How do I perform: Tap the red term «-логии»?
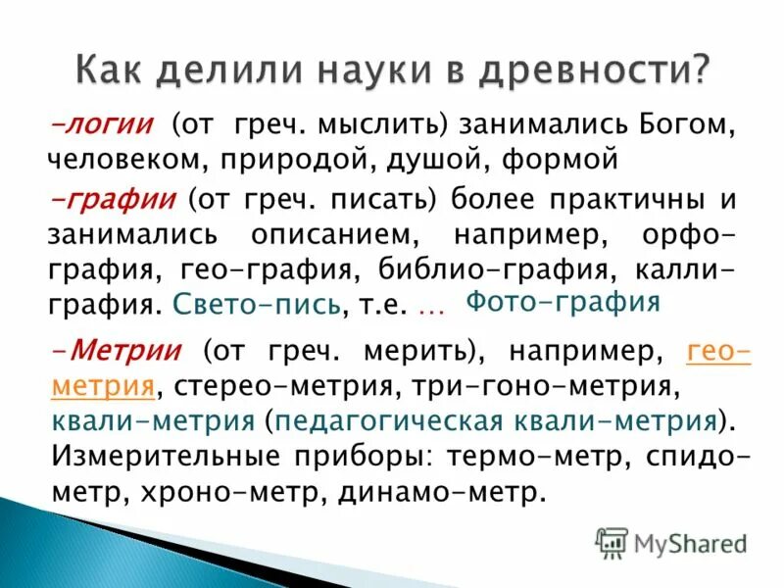coord(101,125)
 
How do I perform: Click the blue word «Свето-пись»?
coord(256,305)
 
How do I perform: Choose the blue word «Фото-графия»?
coord(563,301)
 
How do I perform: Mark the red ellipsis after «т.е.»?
coord(431,307)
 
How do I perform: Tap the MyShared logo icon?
coord(612,541)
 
